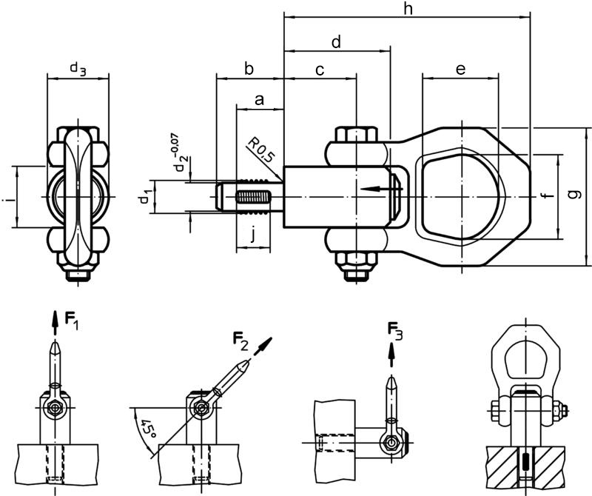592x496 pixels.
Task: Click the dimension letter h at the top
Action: (x=408, y=9)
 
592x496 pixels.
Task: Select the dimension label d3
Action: (x=78, y=69)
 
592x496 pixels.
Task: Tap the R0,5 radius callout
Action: (x=260, y=151)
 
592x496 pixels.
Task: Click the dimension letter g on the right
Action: (x=576, y=195)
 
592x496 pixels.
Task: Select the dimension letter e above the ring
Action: (x=460, y=69)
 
